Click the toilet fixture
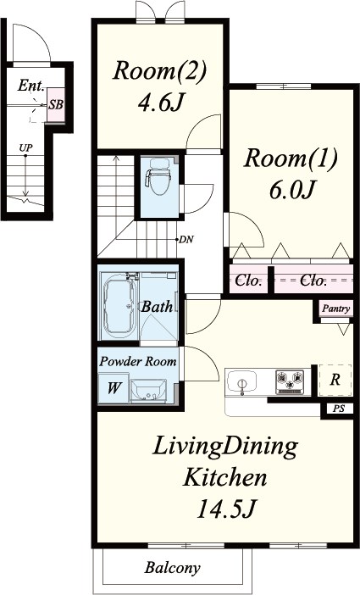(x=158, y=176)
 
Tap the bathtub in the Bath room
(x=119, y=305)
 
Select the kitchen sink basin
(x=241, y=381)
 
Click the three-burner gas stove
(x=290, y=381)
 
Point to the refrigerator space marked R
(x=335, y=380)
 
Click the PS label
(x=339, y=409)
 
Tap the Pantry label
(x=336, y=309)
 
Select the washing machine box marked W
(x=114, y=387)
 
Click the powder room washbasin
(x=148, y=391)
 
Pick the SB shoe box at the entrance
(x=55, y=105)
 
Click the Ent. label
(x=31, y=86)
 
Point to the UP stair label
(x=25, y=147)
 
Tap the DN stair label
(x=186, y=240)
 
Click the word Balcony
(x=172, y=568)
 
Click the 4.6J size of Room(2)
(x=161, y=102)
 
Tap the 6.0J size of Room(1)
(x=292, y=189)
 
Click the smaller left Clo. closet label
(x=249, y=281)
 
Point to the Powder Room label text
(x=138, y=361)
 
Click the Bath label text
(x=157, y=307)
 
